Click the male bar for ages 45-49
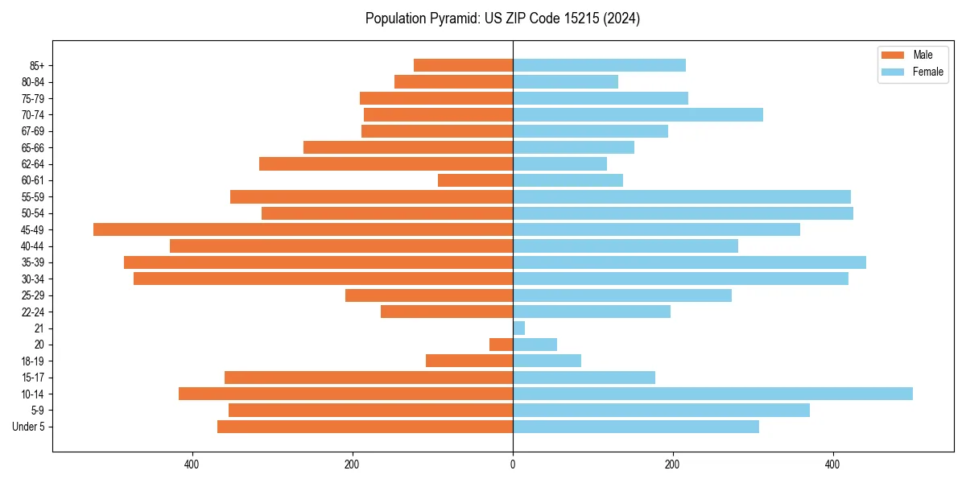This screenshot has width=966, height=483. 303,229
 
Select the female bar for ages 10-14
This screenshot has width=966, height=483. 712,394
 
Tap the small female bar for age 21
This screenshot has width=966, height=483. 518,328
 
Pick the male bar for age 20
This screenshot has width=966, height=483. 501,345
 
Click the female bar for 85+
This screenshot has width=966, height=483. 599,65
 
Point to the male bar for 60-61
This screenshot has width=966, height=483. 475,180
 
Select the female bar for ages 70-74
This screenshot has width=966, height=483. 638,114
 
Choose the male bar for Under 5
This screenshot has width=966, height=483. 365,427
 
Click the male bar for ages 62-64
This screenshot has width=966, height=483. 386,163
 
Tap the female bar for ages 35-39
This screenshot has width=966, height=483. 689,262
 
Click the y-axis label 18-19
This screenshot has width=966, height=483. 33,361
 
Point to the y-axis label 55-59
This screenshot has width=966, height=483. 33,197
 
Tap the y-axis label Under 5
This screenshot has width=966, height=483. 28,427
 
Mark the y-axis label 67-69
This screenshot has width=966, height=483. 33,131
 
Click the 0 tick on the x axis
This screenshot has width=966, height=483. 513,464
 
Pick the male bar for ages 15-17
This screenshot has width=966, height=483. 369,378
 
